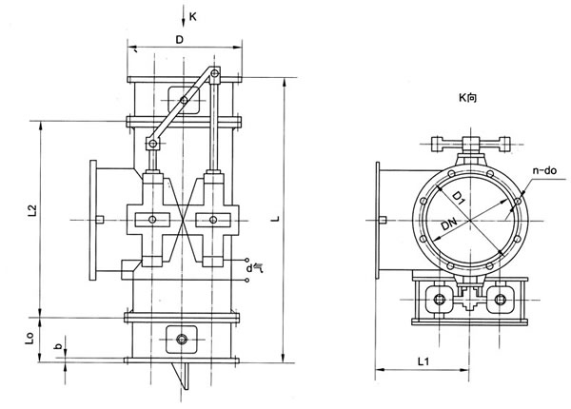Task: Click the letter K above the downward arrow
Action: tap(192, 17)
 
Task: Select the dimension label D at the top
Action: tap(180, 40)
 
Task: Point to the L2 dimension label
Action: tap(32, 211)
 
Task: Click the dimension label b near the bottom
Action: tap(58, 346)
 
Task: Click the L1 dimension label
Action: tap(423, 361)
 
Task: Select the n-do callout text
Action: tap(544, 170)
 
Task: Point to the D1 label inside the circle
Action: tap(459, 198)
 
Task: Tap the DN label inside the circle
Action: tap(448, 224)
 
